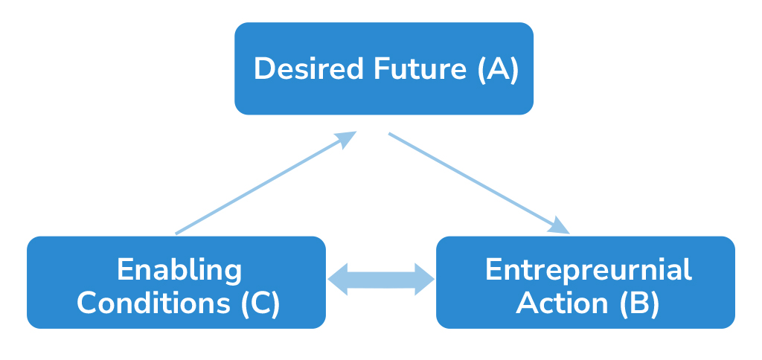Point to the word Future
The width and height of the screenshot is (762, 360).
tap(419, 69)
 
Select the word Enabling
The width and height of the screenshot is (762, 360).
tap(179, 269)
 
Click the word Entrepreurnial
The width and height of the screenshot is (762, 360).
tap(588, 269)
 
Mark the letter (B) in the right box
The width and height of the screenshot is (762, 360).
tap(638, 303)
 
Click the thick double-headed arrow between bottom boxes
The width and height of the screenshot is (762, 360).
tap(381, 280)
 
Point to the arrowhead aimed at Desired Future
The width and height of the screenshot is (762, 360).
tap(346, 138)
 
